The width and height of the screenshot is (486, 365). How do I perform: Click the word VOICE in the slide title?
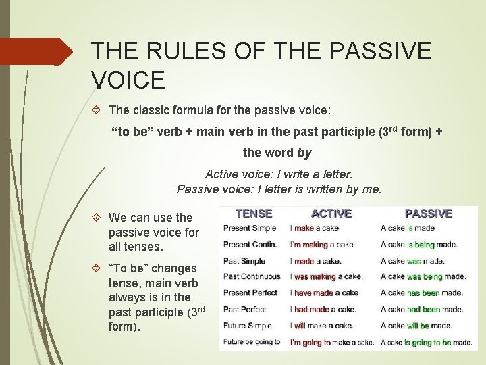point(128,80)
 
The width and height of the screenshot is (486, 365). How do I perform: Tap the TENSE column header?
point(254,213)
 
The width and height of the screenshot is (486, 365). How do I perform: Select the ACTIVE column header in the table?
point(331,213)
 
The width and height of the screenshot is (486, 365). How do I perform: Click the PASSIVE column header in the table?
point(428,213)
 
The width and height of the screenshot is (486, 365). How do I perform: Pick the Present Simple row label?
point(249,228)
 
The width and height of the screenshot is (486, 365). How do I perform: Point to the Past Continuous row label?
point(252,276)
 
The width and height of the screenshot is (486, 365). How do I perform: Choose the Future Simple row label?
point(247,326)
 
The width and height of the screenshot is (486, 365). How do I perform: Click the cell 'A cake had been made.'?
point(422,310)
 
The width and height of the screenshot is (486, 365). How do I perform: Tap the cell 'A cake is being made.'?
point(419,245)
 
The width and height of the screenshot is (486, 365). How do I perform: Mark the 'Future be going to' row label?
point(252,342)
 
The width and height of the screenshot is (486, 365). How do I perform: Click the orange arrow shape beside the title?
point(40,51)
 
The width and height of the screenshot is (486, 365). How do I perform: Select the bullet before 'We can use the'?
point(98,218)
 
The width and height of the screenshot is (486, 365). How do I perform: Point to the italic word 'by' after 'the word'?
point(304,153)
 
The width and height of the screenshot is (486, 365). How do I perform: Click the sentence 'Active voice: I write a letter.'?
point(279,174)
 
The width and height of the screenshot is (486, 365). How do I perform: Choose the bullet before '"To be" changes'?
point(98,268)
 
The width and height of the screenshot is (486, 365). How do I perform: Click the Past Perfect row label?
point(244,310)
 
